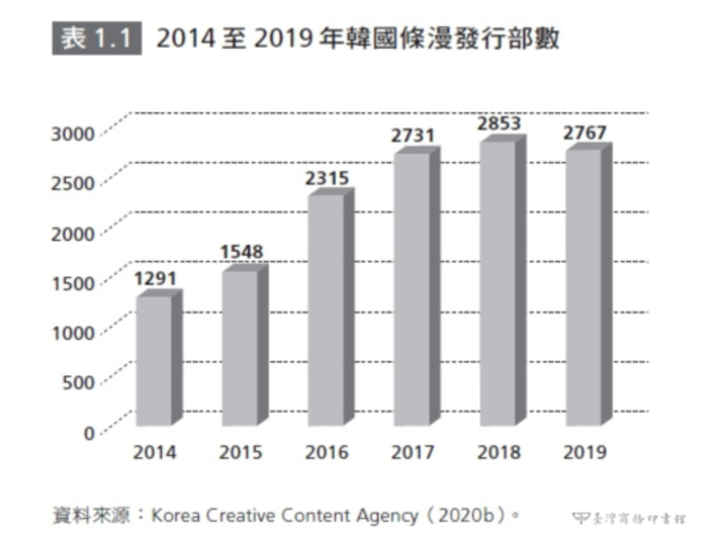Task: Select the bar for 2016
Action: [x=326, y=310]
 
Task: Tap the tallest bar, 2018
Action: [x=497, y=283]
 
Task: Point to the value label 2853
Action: [x=499, y=124]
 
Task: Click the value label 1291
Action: [x=156, y=279]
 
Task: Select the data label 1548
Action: [x=241, y=252]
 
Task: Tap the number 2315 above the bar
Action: [x=327, y=178]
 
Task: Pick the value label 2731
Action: [x=413, y=136]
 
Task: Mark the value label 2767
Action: [x=585, y=132]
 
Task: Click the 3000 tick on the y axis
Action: [x=73, y=133]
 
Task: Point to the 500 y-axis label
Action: [x=78, y=382]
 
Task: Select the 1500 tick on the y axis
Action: [x=73, y=283]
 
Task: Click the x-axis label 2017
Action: [x=413, y=453]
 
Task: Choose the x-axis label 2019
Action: [x=585, y=453]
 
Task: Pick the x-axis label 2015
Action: [x=241, y=453]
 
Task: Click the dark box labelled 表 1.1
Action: [x=96, y=39]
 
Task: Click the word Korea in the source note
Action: [x=174, y=515]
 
